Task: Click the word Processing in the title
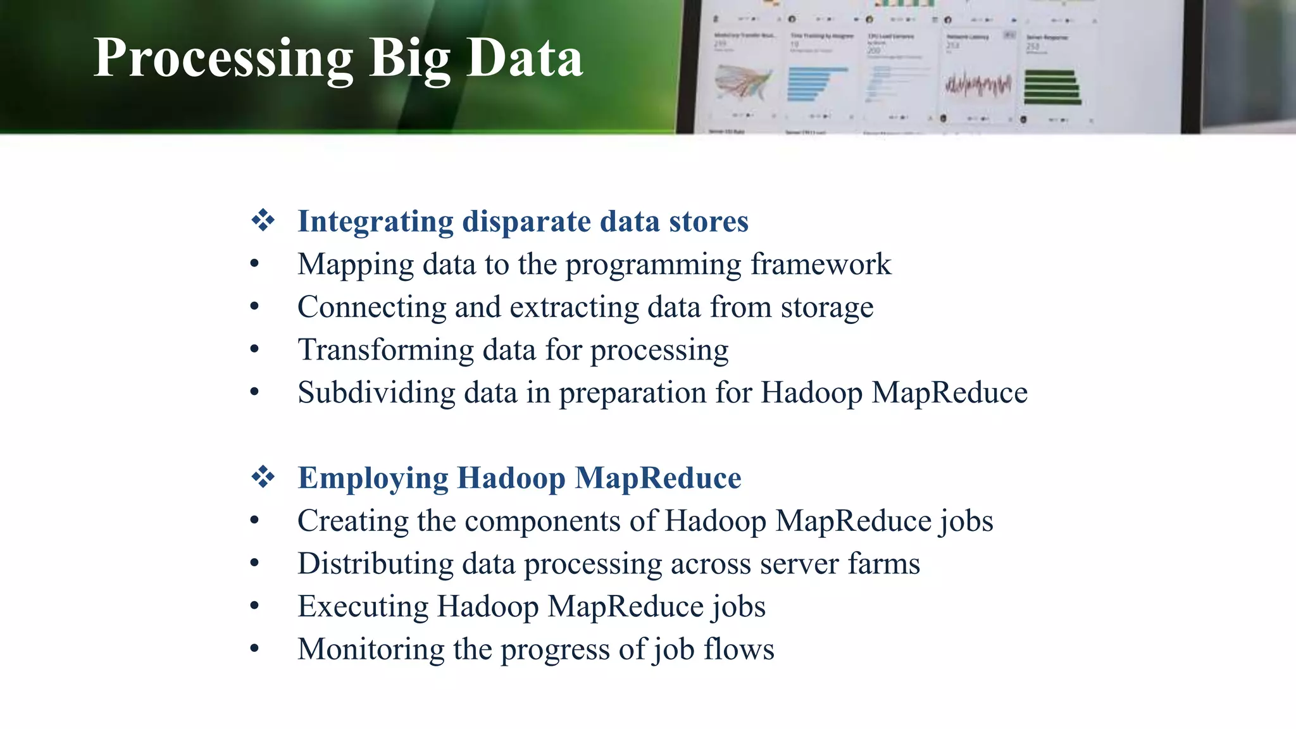pyautogui.click(x=223, y=58)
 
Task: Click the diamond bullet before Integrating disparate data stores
pyautogui.click(x=263, y=221)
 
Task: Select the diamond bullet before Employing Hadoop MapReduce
pyautogui.click(x=263, y=477)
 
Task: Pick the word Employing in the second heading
pyautogui.click(x=373, y=478)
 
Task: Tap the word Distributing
pyautogui.click(x=375, y=563)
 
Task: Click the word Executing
pyautogui.click(x=363, y=606)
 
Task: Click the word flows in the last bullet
pyautogui.click(x=738, y=649)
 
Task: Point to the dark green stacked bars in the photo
pyautogui.click(x=1051, y=87)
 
